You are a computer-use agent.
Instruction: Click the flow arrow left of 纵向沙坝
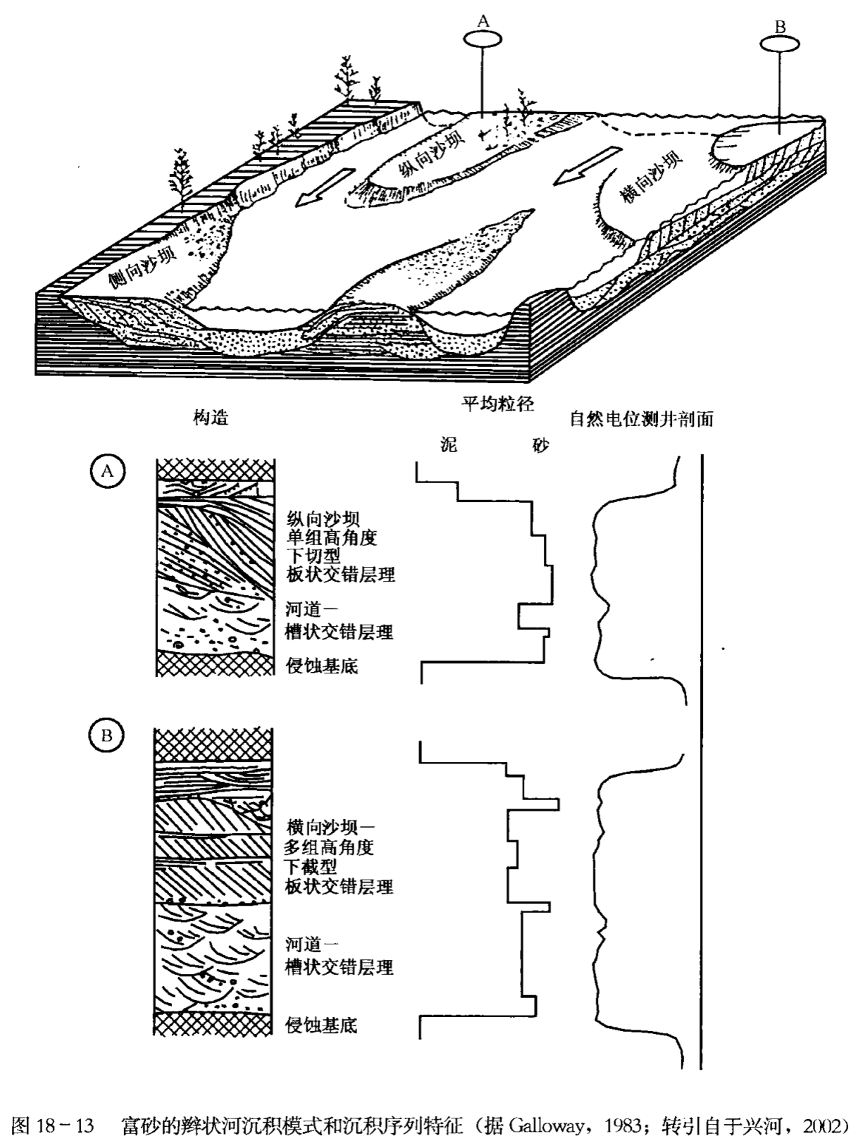tap(315, 190)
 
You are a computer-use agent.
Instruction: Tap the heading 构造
tap(211, 418)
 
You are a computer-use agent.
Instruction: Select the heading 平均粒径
tap(497, 404)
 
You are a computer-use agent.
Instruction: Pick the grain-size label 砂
tap(540, 445)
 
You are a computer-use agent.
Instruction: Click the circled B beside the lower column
tap(106, 736)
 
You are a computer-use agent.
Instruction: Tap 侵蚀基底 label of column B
tap(321, 1025)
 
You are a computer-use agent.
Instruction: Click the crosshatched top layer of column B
tap(213, 745)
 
